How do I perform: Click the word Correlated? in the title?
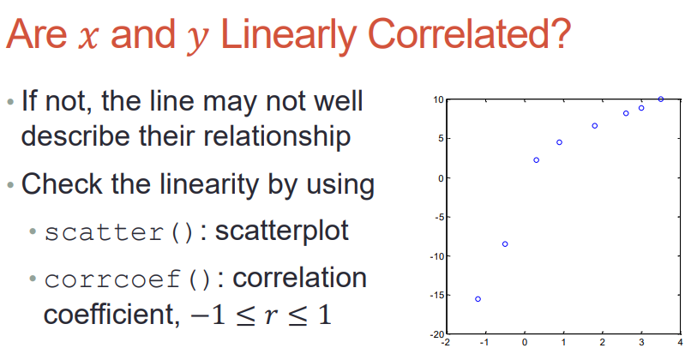[469, 34]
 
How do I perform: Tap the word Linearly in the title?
[288, 36]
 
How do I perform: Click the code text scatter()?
[119, 232]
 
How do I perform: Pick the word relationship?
[246, 137]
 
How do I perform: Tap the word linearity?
[209, 185]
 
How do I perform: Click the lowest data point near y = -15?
[478, 299]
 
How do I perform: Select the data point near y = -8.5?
[505, 244]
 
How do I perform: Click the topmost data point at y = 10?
[661, 99]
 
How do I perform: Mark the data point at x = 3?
[641, 108]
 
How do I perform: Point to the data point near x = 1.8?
[594, 126]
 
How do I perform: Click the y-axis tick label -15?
[436, 295]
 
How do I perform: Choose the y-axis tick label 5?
[442, 139]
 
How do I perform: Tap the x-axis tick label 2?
[603, 342]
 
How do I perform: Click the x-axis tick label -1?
[484, 342]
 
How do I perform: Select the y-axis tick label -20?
[436, 334]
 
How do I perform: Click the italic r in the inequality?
[272, 315]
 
